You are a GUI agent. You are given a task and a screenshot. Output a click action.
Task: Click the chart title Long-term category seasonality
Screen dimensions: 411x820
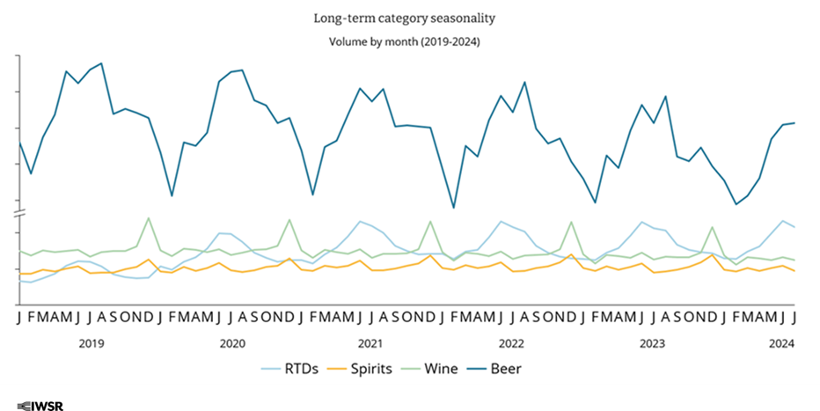click(x=409, y=18)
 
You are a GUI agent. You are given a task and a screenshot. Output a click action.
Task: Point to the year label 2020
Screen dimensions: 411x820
click(x=231, y=343)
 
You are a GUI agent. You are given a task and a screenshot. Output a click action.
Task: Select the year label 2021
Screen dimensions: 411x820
click(x=370, y=343)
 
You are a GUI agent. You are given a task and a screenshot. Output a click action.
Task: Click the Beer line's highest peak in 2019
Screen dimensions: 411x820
click(x=102, y=63)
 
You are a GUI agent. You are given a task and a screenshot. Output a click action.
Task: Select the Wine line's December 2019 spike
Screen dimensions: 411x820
click(x=149, y=217)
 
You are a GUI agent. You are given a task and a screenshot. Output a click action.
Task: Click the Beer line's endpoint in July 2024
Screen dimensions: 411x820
click(x=795, y=123)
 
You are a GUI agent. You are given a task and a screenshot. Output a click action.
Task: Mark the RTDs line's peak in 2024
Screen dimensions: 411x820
click(x=783, y=220)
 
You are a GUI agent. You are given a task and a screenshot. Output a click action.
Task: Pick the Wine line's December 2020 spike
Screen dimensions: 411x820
click(x=289, y=219)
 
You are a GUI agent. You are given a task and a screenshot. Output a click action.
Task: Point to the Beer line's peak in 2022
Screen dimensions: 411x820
click(x=524, y=82)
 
